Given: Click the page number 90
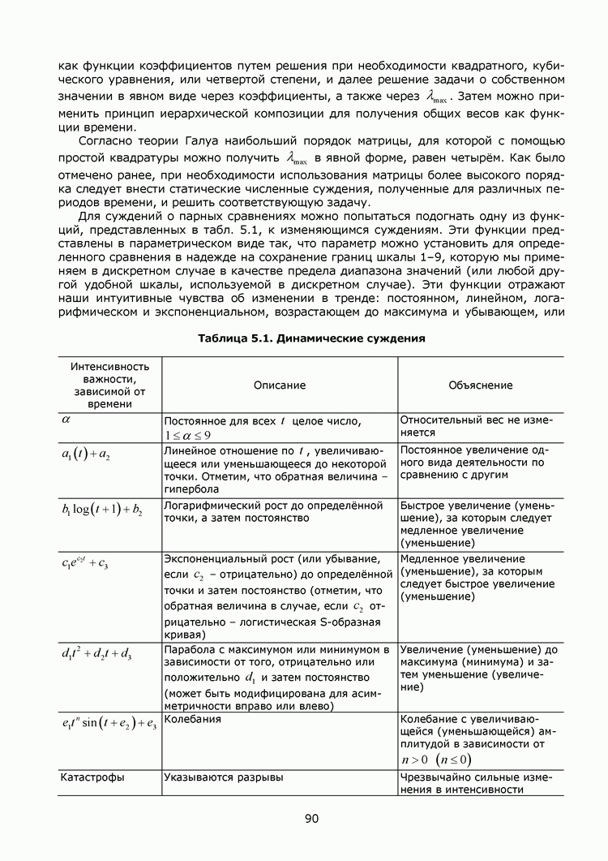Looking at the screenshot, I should pyautogui.click(x=311, y=818).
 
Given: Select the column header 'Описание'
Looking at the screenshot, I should pyautogui.click(x=279, y=385).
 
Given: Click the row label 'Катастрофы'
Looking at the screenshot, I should pyautogui.click(x=92, y=777).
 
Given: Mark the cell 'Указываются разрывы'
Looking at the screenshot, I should pyautogui.click(x=223, y=777).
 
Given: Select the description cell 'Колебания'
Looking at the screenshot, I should pyautogui.click(x=191, y=719).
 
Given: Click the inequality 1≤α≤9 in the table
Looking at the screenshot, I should pyautogui.click(x=188, y=436).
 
